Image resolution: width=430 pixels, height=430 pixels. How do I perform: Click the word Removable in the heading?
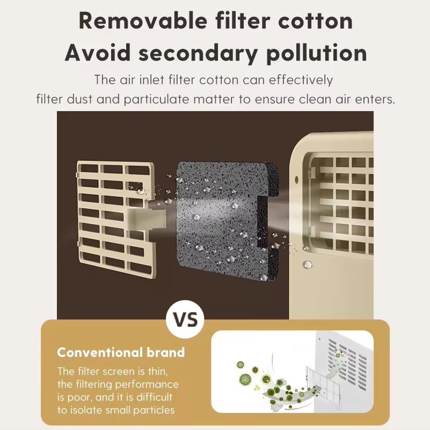143,21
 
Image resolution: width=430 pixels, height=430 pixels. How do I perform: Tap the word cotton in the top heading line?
315,21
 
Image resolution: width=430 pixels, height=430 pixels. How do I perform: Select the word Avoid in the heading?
98,53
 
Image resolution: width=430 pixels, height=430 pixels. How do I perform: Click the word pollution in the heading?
317,53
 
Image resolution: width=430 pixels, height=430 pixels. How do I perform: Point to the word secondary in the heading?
198,53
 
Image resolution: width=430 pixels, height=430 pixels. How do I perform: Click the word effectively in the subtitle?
301,80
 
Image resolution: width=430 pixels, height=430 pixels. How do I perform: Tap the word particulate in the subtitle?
156,99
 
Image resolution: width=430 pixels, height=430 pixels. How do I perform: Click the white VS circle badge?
185,319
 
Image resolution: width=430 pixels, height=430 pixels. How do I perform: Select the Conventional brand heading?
121,352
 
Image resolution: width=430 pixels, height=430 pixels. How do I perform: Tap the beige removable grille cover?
115,219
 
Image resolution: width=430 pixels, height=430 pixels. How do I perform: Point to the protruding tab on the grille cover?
147,218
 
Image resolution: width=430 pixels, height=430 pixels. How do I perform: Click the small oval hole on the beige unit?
297,180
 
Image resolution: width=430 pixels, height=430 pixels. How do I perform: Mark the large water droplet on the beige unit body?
307,265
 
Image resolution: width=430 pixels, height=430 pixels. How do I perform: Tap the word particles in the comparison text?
154,411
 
